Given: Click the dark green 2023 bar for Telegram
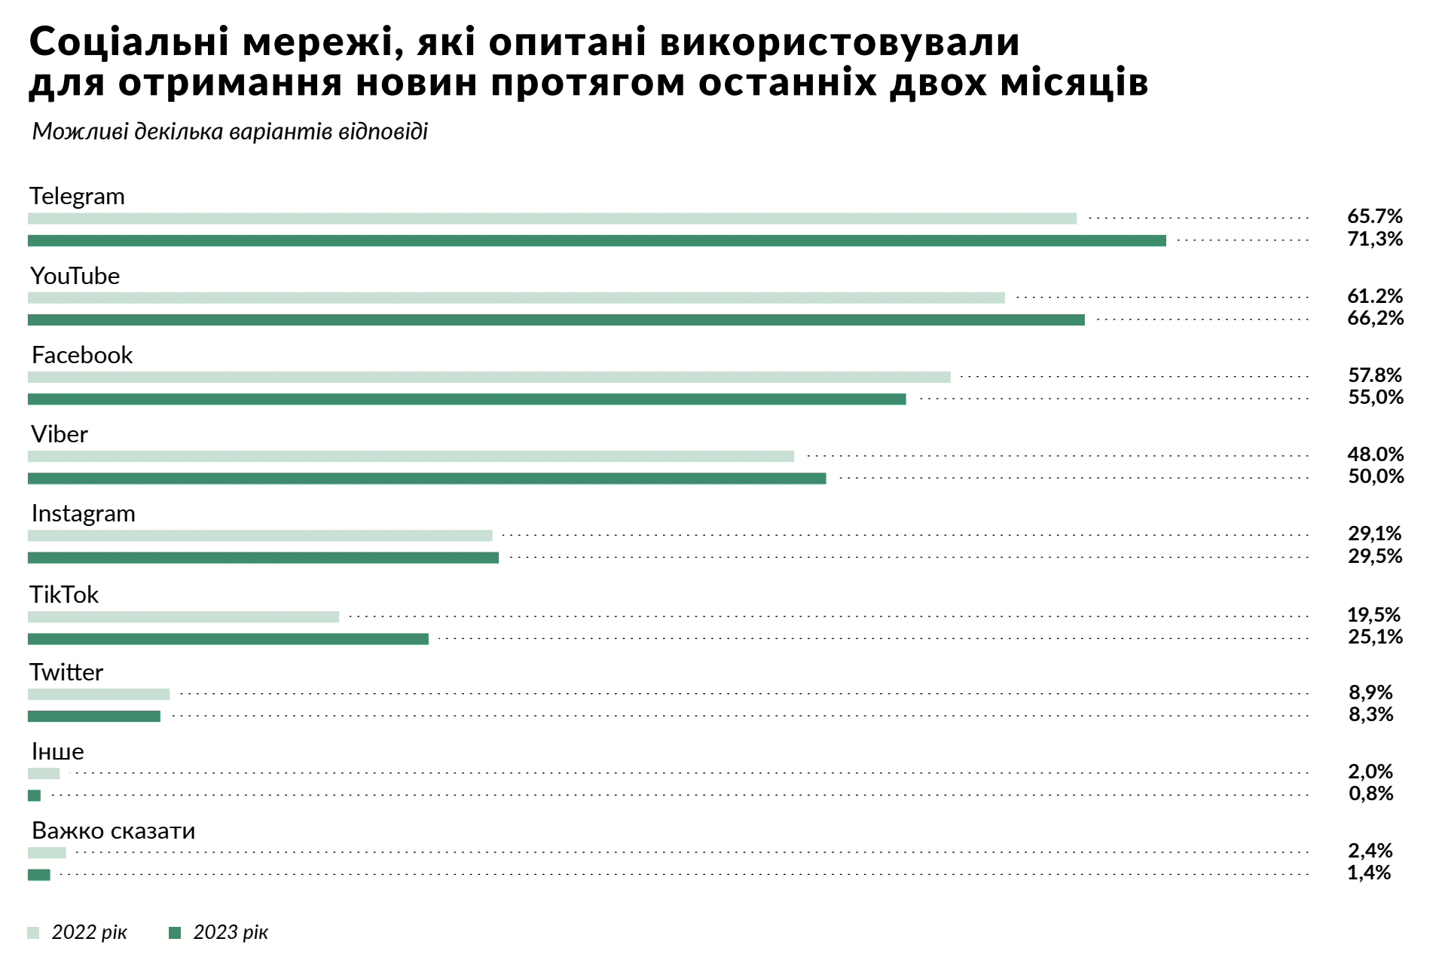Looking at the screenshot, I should click(597, 240).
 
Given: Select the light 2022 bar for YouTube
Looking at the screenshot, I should click(516, 298).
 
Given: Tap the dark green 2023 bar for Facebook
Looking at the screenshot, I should click(467, 399).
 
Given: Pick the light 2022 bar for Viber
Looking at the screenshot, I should click(411, 456).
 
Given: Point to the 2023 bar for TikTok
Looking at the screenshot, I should click(228, 639).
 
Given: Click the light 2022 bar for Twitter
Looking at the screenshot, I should click(99, 694).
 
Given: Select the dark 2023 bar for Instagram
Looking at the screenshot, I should click(263, 558).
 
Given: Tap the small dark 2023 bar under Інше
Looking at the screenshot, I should click(34, 795).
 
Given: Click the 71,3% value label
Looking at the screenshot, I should click(1375, 239).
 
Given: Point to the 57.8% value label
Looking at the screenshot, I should click(1375, 375).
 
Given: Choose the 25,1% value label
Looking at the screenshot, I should click(1375, 637).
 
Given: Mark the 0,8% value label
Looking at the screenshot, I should click(1370, 793).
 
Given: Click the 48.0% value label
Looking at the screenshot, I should click(1375, 454).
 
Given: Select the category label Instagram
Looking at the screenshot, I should click(84, 513).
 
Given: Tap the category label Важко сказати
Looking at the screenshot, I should click(114, 830).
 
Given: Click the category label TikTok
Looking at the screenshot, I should click(64, 595).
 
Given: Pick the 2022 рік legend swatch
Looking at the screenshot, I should click(33, 933).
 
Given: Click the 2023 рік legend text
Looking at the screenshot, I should click(231, 933).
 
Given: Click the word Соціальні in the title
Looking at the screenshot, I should click(129, 42).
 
